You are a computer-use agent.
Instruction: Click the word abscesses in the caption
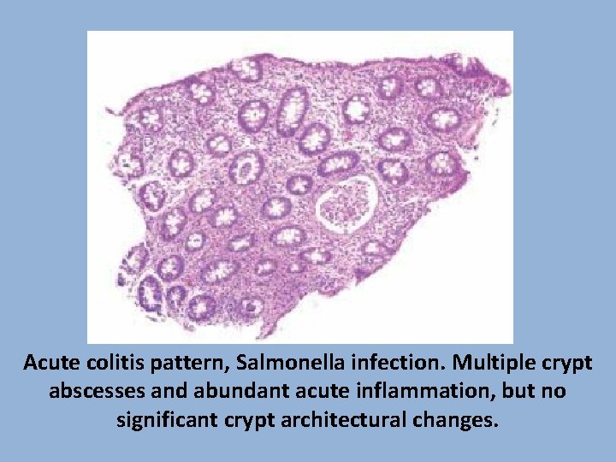[x=91, y=392]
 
